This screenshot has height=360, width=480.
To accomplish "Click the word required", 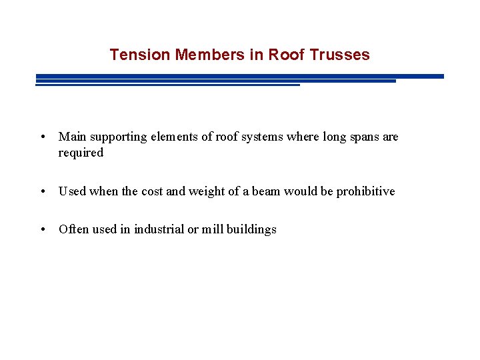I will coord(81,153).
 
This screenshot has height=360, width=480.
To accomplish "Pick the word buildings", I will coord(251,230).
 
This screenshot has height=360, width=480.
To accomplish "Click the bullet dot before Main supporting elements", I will coord(42,137).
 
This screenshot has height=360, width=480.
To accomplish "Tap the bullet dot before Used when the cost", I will coord(42,192).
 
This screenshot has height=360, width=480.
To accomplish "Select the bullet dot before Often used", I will coord(42,230).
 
